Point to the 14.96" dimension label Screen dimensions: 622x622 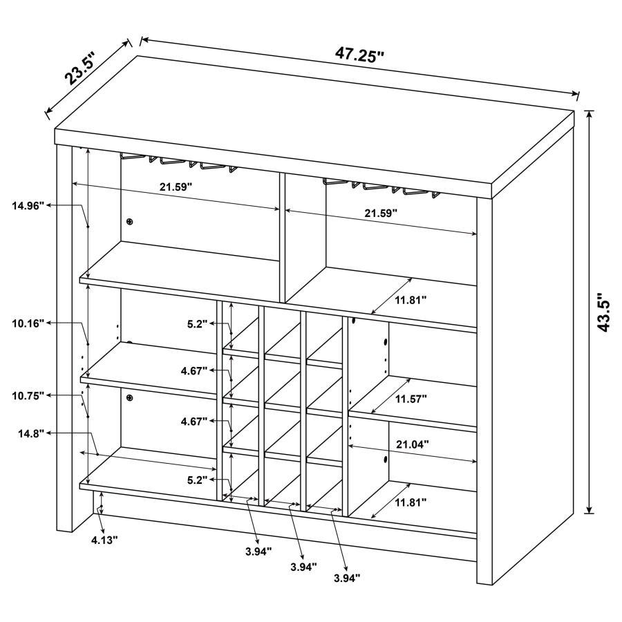coord(28,205)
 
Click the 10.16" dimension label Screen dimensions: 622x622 coord(28,323)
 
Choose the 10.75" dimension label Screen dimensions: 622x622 coord(28,395)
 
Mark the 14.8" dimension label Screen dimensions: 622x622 coord(32,433)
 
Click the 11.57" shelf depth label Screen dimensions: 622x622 coord(411,399)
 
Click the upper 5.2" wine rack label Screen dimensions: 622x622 coord(196,323)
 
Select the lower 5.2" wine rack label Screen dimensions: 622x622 coord(196,479)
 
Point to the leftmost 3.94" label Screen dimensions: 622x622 coord(257,551)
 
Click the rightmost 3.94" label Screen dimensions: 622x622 coord(347,578)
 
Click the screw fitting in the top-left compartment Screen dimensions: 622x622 coord(129,221)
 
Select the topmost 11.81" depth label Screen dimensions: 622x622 coord(411,300)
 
